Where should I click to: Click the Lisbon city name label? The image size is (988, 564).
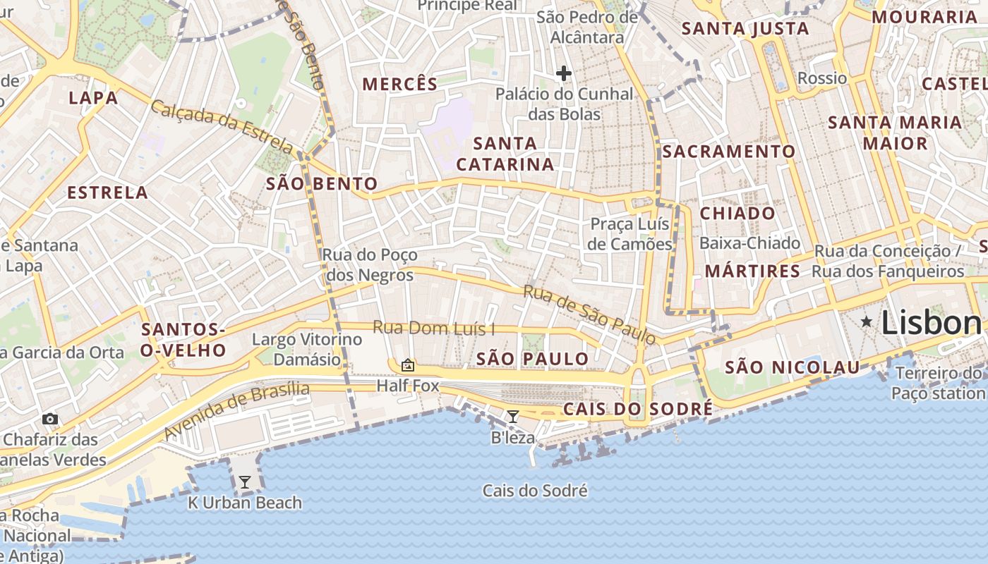931,323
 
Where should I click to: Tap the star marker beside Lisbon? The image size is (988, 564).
867,321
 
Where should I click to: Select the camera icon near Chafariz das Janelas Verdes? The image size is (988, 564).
49,419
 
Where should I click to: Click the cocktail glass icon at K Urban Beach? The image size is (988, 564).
245,482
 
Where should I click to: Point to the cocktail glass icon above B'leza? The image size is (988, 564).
513,417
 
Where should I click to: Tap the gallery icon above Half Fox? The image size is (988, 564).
407,365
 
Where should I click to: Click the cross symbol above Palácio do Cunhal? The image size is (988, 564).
563,73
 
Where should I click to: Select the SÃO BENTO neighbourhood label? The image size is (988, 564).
323,185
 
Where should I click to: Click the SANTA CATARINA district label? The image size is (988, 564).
505,154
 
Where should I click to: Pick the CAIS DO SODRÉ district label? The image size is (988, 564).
637,410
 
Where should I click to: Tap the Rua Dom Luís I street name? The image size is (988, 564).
433,328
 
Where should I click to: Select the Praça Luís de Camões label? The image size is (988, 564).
630,234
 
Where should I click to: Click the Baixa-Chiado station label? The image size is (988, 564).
749,243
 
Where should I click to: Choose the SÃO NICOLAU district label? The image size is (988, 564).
793,367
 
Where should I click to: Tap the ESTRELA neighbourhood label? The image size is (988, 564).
107,192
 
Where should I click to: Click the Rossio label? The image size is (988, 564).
821,78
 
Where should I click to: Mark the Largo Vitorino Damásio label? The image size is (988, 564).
307,349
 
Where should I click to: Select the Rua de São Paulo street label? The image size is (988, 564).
589,315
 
